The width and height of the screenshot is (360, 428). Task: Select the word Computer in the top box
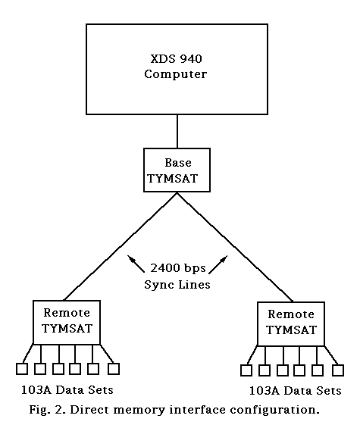tap(176, 74)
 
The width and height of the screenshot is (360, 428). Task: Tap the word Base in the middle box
tap(178, 163)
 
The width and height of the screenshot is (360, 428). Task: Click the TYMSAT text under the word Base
tap(173, 179)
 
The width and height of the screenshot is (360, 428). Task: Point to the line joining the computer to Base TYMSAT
tap(177, 131)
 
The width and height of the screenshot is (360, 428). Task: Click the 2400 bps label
tap(178, 268)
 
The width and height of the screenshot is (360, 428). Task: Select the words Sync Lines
tap(177, 284)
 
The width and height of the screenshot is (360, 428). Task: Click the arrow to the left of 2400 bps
tap(136, 264)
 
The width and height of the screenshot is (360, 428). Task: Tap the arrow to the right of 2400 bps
tap(218, 264)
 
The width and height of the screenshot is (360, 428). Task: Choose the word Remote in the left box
tap(67, 313)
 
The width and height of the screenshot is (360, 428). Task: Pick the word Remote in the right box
tap(291, 314)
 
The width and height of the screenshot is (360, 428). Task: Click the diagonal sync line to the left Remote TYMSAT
tap(121, 246)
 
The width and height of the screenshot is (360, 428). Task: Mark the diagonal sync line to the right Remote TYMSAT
tap(235, 247)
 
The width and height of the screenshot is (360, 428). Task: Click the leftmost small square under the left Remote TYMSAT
tap(22, 369)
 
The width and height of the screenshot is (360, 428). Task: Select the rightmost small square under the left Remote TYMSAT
tap(114, 369)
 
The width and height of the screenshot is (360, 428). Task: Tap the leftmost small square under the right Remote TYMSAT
tap(246, 370)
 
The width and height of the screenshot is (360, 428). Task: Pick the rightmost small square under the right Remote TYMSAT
tap(338, 370)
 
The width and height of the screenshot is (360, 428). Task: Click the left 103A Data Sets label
tap(67, 390)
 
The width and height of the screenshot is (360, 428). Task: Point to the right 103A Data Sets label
tap(296, 391)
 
